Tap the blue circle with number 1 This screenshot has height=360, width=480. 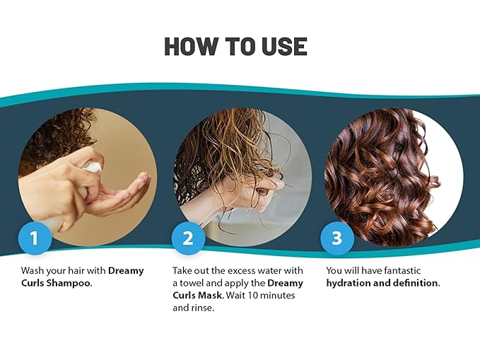pos(35,238)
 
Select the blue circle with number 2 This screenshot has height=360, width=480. pos(187,238)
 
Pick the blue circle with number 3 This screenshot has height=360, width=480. pos(337,238)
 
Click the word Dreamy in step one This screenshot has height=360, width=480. pos(126,271)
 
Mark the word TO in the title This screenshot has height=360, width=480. pos(240,46)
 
